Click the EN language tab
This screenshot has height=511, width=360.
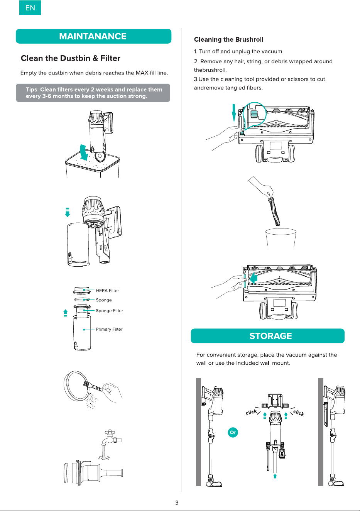[x=30, y=8]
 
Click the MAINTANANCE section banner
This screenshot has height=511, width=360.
[x=93, y=36]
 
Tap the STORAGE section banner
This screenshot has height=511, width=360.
[x=268, y=336]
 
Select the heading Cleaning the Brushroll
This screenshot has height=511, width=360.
[x=228, y=39]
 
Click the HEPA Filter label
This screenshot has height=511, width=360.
[x=107, y=291]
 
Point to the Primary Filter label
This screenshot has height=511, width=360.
[x=109, y=329]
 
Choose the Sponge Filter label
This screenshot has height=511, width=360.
[x=109, y=311]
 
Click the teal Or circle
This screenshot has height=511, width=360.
[x=233, y=432]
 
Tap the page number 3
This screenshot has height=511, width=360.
[x=177, y=503]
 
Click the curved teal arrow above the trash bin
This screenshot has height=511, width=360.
[x=85, y=152]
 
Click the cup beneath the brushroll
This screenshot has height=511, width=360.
[x=281, y=237]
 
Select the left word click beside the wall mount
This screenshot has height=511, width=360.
[x=251, y=412]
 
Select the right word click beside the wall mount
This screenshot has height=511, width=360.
[x=299, y=413]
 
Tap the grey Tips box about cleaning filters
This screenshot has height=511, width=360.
[x=93, y=93]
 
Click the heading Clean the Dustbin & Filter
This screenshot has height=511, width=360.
[x=71, y=58]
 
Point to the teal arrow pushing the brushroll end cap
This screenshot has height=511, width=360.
[x=253, y=279]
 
